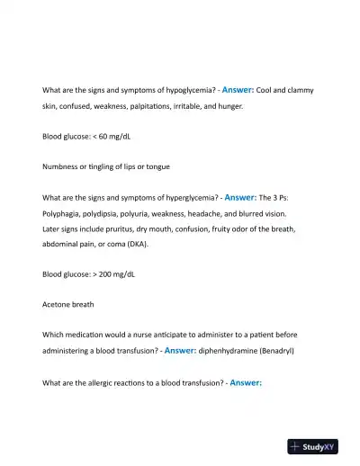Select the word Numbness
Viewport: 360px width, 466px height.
(63, 167)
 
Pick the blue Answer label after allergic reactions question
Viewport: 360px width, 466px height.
(246, 382)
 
